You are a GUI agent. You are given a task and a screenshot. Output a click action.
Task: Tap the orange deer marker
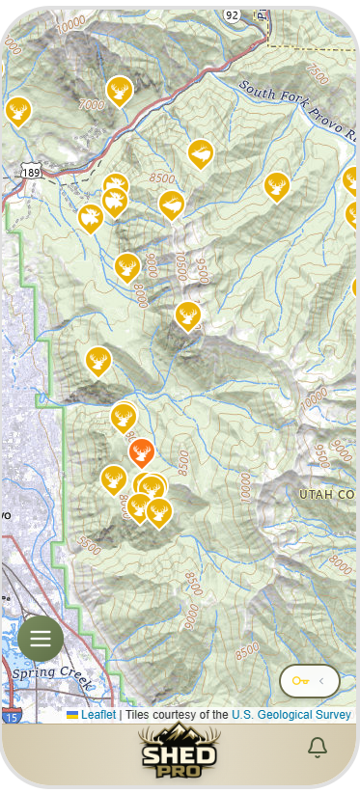click(x=141, y=451)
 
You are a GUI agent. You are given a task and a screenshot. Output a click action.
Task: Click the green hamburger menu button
click(x=41, y=638)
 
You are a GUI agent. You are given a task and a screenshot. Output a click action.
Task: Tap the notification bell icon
click(x=317, y=747)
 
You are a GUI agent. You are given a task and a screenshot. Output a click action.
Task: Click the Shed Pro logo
click(x=180, y=751)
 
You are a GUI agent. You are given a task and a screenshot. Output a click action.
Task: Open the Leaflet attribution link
click(x=97, y=715)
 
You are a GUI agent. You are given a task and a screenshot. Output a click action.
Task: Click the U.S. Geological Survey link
click(x=291, y=715)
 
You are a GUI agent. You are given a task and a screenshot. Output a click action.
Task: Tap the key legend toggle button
click(x=309, y=681)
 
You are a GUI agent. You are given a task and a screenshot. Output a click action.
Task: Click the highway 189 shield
click(x=30, y=171)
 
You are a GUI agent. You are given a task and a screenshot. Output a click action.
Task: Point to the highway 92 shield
click(x=231, y=15)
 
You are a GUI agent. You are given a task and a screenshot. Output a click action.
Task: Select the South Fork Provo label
click(x=299, y=111)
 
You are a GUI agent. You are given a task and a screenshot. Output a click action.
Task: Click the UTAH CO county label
click(x=327, y=494)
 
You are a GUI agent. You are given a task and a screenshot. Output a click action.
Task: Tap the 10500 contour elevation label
click(x=180, y=260)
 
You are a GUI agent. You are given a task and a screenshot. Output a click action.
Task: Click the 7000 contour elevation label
click(x=92, y=103)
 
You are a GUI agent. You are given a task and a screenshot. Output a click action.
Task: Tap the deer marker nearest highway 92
click(x=120, y=92)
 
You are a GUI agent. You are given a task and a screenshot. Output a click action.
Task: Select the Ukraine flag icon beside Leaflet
click(x=72, y=715)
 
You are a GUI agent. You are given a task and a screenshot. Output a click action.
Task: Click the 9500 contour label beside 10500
click(x=202, y=265)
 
